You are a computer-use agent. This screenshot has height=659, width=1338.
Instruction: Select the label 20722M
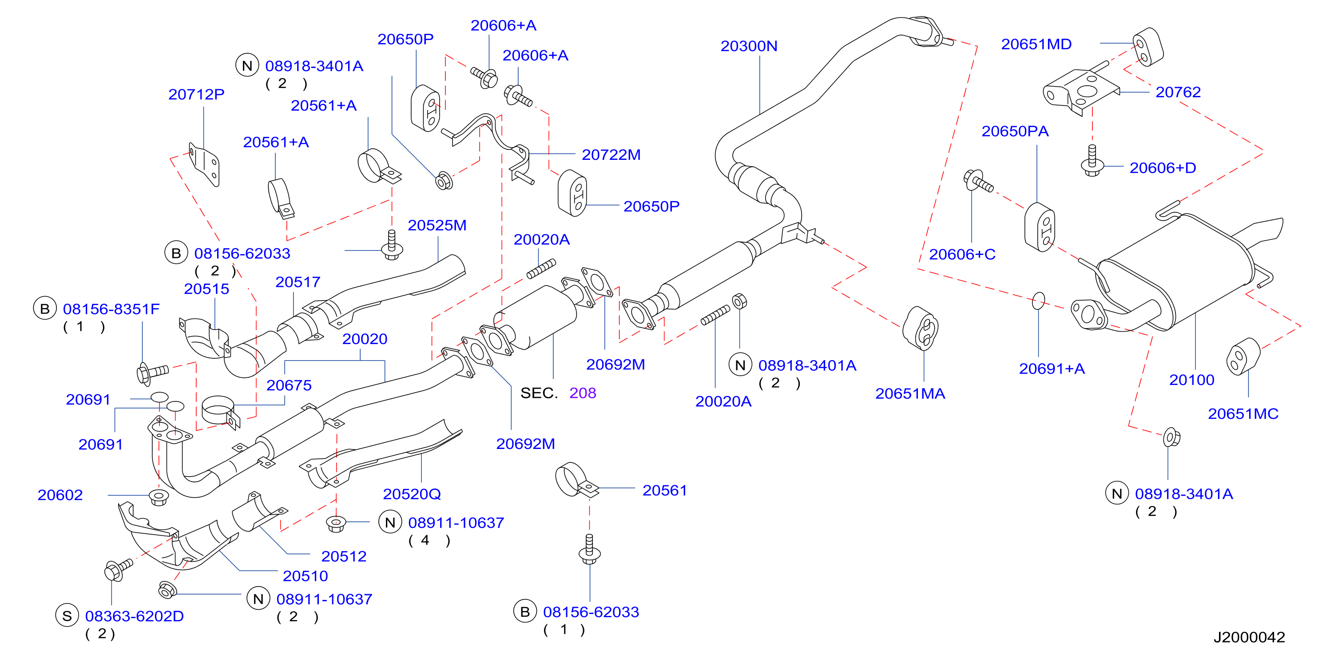611,155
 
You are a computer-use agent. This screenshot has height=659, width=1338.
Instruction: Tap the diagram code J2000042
1249,637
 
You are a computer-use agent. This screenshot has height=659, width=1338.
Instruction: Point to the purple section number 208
582,393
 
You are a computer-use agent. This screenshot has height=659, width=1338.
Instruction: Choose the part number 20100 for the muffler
1191,380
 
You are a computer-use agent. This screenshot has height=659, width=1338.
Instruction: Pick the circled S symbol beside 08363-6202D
67,616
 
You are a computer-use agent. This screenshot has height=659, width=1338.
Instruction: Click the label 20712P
196,95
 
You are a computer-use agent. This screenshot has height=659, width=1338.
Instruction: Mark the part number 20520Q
412,494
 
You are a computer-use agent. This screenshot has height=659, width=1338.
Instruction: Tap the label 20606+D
1163,168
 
